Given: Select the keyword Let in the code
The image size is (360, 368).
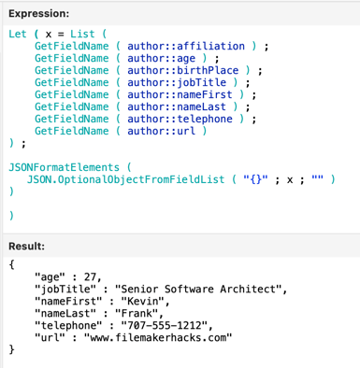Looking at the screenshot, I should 18,33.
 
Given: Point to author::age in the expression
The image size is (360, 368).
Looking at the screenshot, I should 159,57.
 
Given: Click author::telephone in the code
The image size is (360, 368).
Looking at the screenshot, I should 180,119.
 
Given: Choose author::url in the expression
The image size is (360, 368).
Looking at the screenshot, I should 159,131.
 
